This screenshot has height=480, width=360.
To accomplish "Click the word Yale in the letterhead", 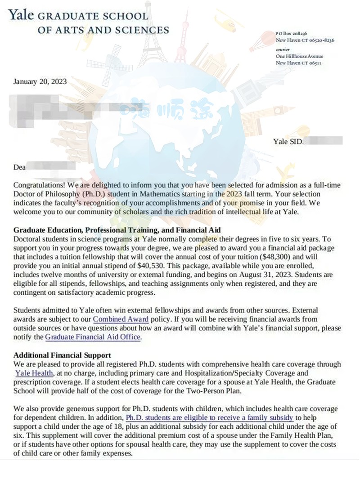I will (21, 15).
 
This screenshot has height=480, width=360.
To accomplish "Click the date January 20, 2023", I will (40, 81).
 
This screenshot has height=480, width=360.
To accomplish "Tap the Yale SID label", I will (288, 141).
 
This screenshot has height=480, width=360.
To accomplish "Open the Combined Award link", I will (117, 319).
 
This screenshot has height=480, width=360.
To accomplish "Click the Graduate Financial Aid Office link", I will (93, 336).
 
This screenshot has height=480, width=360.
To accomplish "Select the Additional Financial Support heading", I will (62, 355).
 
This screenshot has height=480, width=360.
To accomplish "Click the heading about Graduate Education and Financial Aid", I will (117, 230).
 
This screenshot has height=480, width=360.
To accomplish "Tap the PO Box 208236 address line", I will (291, 34).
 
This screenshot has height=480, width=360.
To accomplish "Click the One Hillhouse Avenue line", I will (299, 56).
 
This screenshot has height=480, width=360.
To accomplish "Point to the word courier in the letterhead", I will (283, 49).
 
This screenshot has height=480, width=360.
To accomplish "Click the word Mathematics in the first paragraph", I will (167, 194).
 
